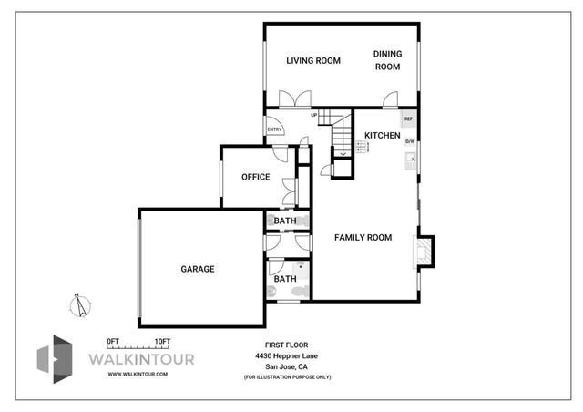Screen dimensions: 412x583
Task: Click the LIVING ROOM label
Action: tap(313, 61)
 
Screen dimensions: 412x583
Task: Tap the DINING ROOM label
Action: tap(387, 60)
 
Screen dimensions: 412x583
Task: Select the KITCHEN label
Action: tap(383, 136)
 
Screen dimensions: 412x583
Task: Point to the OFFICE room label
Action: tap(255, 177)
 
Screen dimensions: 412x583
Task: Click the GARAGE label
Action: tap(198, 269)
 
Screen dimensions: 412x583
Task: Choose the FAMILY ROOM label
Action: tap(363, 237)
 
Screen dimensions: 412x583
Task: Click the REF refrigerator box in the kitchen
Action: tap(409, 119)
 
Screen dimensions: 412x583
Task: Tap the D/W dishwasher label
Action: tap(410, 141)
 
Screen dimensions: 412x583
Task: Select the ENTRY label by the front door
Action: tap(274, 129)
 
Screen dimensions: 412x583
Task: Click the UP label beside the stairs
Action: tap(313, 115)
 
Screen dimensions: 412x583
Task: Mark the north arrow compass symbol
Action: tap(81, 304)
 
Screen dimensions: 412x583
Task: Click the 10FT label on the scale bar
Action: tap(163, 340)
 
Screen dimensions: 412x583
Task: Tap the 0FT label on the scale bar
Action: tap(114, 340)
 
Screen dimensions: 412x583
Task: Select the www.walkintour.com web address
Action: tap(136, 373)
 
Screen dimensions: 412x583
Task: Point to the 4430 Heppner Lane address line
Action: tap(288, 356)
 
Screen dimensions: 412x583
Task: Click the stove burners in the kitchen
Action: tap(362, 147)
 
